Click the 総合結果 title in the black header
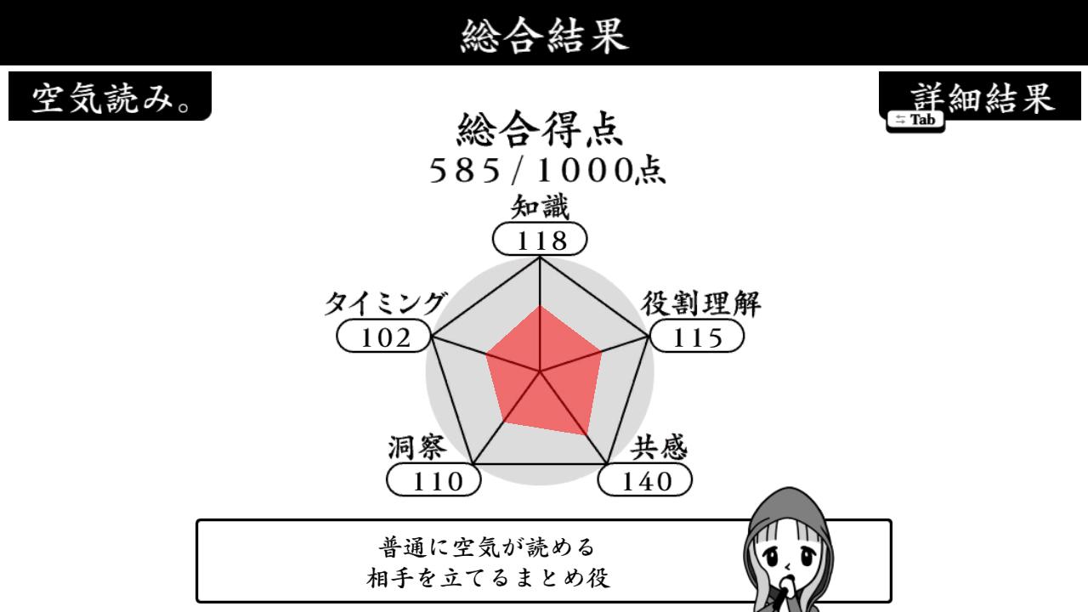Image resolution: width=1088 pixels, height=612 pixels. [544, 35]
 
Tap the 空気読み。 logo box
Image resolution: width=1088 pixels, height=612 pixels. [110, 96]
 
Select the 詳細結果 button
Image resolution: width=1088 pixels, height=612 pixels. [980, 96]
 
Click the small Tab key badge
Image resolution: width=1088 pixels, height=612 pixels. [915, 120]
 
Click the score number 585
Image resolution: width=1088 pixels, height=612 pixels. [465, 171]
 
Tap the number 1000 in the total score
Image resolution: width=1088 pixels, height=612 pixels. [583, 171]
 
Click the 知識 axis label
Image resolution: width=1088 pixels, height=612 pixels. [540, 207]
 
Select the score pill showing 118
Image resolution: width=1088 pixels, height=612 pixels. [540, 239]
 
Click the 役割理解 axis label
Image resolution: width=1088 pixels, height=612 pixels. [701, 303]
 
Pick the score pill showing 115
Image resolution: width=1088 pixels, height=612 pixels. [697, 336]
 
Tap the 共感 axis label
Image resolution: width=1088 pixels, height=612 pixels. [659, 447]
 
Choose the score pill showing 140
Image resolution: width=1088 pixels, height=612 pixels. [645, 480]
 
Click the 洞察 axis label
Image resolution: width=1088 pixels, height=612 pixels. [416, 447]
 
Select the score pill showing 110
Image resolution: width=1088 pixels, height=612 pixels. [433, 480]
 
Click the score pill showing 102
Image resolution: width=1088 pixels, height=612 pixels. [383, 336]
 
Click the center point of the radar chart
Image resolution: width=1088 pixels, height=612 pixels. [540, 372]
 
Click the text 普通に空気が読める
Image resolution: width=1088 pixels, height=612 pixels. [487, 547]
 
